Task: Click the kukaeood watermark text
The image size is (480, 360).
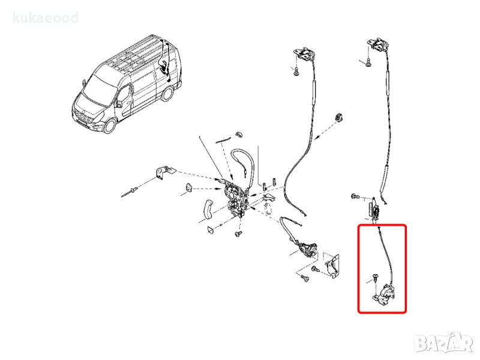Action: point(46,18)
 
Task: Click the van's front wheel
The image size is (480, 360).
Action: point(110,125)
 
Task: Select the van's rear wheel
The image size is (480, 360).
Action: point(167,94)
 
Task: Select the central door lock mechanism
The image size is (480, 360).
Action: point(235,199)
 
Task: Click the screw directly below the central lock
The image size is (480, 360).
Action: point(238,233)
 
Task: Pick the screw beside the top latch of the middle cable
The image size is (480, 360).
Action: point(296,73)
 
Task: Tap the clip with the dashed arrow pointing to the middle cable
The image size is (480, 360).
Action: point(338,116)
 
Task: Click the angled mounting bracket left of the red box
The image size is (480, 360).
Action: point(333,265)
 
